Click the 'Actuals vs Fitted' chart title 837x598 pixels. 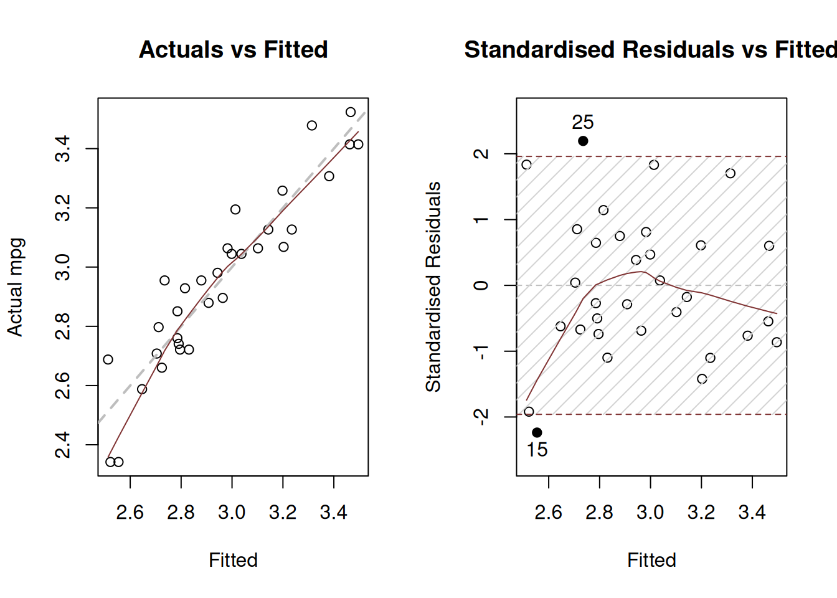click(233, 50)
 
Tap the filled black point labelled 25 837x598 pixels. click(583, 141)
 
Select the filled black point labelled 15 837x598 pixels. click(537, 432)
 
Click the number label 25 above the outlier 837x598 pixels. click(583, 122)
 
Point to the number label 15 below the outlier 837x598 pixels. click(537, 450)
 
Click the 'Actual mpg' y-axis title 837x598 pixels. click(15, 287)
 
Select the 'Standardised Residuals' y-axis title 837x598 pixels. click(433, 287)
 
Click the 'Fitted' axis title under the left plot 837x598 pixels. click(233, 560)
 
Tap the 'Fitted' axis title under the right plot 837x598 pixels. click(651, 560)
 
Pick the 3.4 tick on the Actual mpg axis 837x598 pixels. click(64, 149)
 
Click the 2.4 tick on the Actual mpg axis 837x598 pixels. click(64, 445)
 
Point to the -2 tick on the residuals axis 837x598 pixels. click(481, 416)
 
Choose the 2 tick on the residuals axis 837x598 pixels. click(481, 154)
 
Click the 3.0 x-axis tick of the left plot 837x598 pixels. click(232, 512)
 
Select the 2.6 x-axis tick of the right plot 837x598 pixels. click(548, 512)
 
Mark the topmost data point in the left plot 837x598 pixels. click(351, 112)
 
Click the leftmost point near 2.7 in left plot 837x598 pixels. click(108, 359)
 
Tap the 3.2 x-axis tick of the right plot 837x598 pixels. click(701, 512)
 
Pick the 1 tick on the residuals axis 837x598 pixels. click(481, 220)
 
